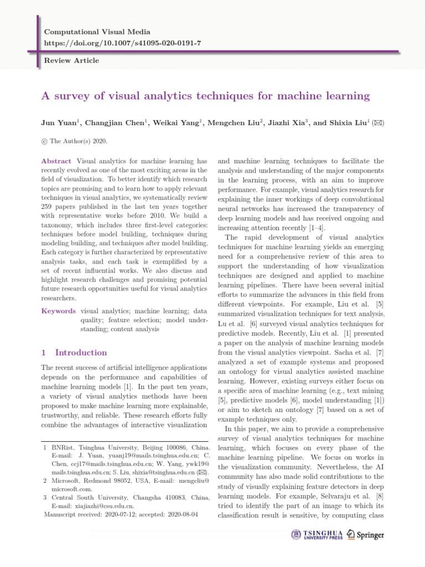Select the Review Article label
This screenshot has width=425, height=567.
click(x=71, y=60)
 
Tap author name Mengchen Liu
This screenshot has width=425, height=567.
click(x=230, y=123)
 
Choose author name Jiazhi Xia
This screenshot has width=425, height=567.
click(x=282, y=123)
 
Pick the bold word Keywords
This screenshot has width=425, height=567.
click(x=59, y=312)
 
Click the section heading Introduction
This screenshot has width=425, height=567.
click(x=81, y=353)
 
